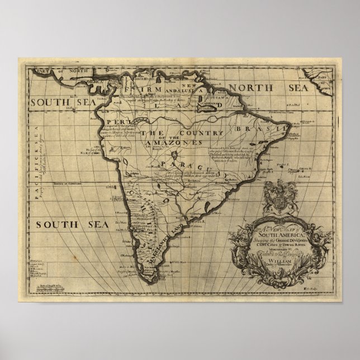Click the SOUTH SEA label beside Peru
pos(56,102)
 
